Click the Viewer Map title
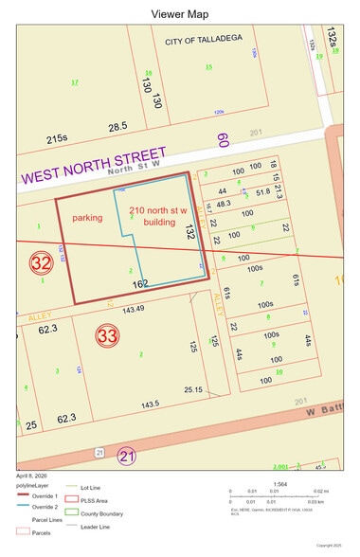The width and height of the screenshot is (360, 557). pyautogui.click(x=180, y=14)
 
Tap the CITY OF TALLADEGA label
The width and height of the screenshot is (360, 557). pyautogui.click(x=202, y=43)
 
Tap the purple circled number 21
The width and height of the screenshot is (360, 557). pyautogui.click(x=125, y=457)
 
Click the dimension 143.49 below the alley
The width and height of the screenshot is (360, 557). pyautogui.click(x=133, y=309)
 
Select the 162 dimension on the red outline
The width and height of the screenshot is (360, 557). pyautogui.click(x=142, y=283)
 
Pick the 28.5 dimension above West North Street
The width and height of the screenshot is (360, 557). pyautogui.click(x=117, y=126)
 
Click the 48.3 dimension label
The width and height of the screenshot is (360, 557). pyautogui.click(x=224, y=204)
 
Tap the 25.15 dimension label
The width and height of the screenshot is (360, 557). pyautogui.click(x=193, y=389)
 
